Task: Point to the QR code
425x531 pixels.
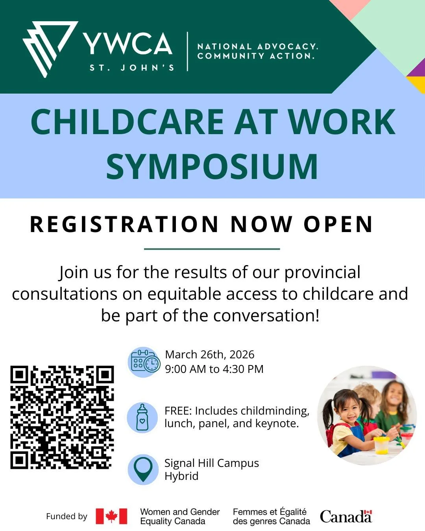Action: click(62, 417)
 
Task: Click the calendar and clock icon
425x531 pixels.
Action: click(144, 363)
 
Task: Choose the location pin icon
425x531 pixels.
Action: click(143, 469)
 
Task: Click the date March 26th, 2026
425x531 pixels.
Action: click(210, 354)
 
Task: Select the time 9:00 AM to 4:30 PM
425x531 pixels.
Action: click(214, 369)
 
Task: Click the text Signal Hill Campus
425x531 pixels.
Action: click(212, 463)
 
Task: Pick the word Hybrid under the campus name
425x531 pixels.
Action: click(181, 476)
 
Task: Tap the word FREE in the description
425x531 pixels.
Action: click(177, 411)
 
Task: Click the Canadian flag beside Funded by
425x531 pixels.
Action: click(111, 516)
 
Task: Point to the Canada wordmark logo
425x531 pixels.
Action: click(346, 516)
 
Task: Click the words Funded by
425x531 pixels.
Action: click(67, 516)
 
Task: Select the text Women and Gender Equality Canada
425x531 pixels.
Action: click(180, 516)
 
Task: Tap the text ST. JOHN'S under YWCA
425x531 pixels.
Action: click(132, 68)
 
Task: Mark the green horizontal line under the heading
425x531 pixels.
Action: click(212, 249)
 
